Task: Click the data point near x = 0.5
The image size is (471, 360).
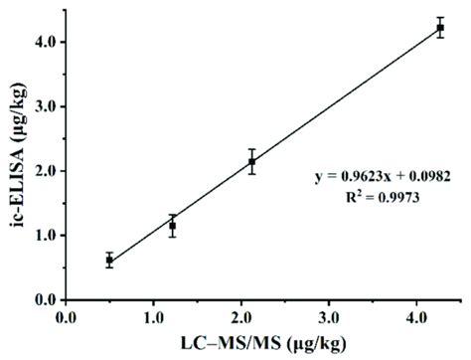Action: click(109, 261)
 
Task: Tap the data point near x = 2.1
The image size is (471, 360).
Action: click(251, 161)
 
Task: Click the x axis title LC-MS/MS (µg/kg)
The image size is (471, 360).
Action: click(255, 343)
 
